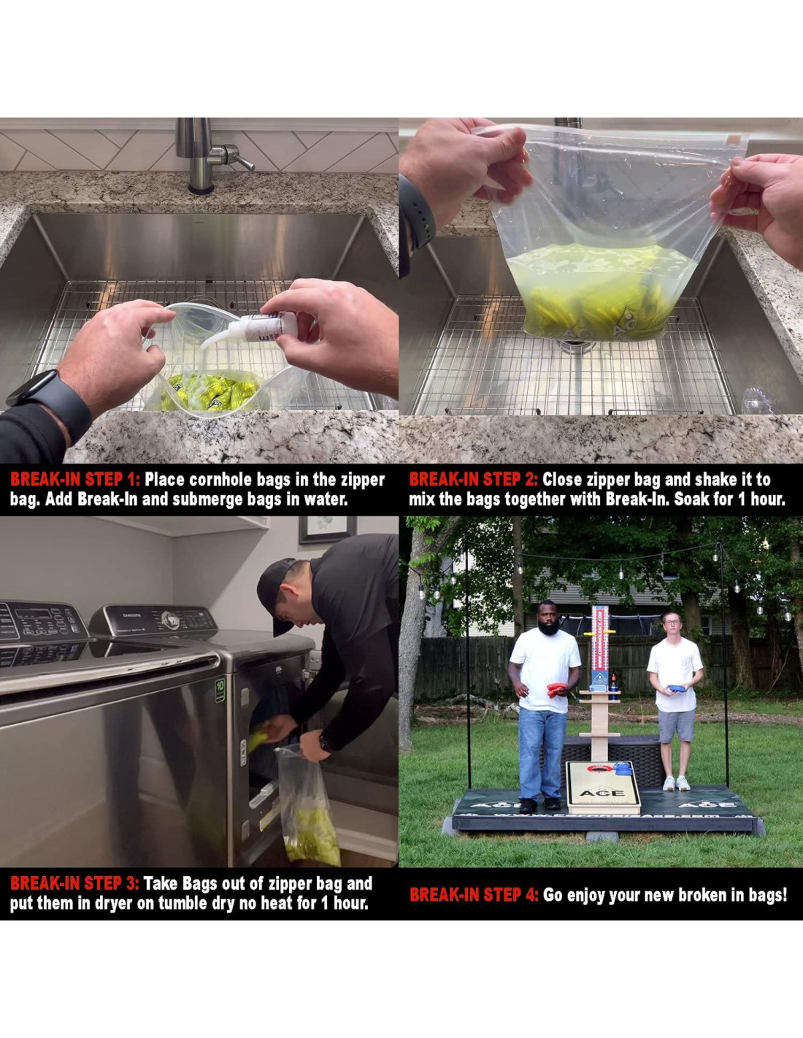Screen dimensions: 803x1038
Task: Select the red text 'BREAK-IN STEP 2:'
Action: tap(474, 479)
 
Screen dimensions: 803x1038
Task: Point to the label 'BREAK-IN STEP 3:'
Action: tap(74, 884)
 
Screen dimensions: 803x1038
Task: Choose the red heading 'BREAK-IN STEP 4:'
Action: tap(474, 895)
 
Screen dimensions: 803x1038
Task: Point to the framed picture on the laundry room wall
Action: tap(327, 529)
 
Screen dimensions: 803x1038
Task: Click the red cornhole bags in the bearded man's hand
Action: tap(557, 690)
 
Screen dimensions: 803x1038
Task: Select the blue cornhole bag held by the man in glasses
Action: tap(678, 688)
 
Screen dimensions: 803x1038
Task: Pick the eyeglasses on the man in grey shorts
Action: tap(671, 622)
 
